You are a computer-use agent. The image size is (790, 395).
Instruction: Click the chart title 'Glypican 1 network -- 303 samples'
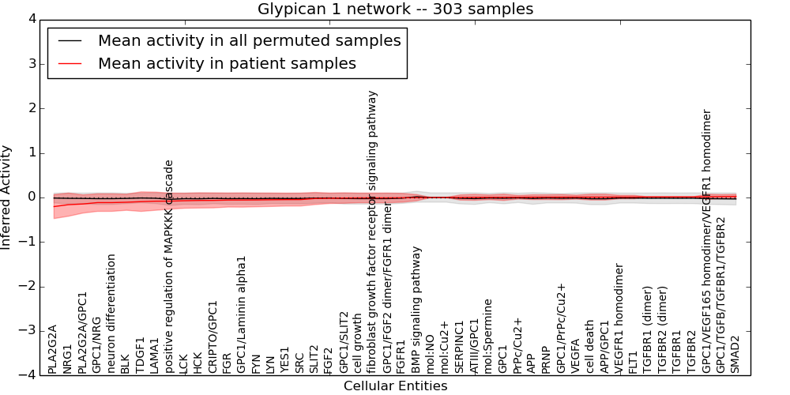(395, 9)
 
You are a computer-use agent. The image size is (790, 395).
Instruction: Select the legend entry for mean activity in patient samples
(227, 63)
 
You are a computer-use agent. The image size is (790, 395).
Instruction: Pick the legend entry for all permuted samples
(249, 40)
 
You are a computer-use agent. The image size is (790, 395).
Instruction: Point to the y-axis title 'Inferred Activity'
(7, 197)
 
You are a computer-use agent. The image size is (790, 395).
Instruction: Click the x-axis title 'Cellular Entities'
(395, 386)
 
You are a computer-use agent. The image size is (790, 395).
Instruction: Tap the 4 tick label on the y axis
(30, 19)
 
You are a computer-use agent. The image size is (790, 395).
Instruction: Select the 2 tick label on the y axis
(30, 108)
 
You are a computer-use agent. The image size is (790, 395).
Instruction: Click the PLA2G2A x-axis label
(53, 348)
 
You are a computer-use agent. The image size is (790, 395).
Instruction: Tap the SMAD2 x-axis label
(735, 354)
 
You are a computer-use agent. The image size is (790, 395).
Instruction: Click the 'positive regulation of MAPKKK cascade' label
(169, 267)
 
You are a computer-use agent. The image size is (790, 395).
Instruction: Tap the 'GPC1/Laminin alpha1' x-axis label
(242, 314)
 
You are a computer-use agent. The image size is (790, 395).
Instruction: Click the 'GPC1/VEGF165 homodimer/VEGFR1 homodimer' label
(707, 242)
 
